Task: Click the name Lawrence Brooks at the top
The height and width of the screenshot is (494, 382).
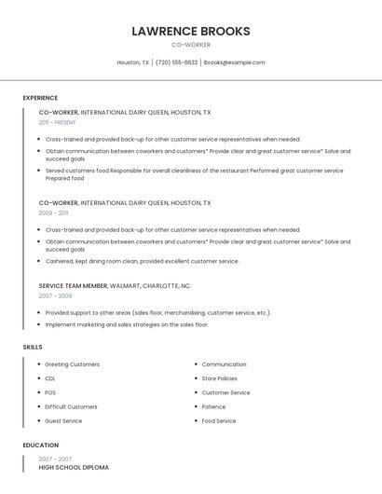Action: (191, 31)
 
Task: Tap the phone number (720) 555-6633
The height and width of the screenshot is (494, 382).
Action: (176, 62)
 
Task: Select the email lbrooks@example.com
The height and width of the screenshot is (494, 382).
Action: (234, 62)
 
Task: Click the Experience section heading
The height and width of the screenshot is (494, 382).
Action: (40, 98)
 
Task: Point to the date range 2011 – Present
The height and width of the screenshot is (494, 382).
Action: (57, 122)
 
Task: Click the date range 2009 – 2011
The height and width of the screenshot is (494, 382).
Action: (53, 213)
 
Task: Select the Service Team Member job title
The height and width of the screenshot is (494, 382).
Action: (74, 286)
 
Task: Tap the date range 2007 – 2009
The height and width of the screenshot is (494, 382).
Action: (55, 295)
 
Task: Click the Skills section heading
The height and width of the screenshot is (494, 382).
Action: (33, 347)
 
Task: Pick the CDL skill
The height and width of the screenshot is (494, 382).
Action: (50, 378)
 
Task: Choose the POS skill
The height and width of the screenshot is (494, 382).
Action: (50, 392)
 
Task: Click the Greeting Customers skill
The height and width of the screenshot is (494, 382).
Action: (72, 364)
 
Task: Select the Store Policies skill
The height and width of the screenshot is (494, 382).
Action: (219, 378)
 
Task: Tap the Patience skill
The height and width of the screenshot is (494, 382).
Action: (213, 406)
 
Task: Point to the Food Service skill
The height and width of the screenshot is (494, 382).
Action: (219, 420)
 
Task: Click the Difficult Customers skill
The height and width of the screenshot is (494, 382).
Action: (71, 406)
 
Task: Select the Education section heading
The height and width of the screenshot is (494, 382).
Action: (40, 446)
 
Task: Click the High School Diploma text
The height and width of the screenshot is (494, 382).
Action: (74, 467)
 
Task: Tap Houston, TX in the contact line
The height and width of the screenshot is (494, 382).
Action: (132, 62)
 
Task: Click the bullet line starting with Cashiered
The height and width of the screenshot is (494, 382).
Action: (142, 261)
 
